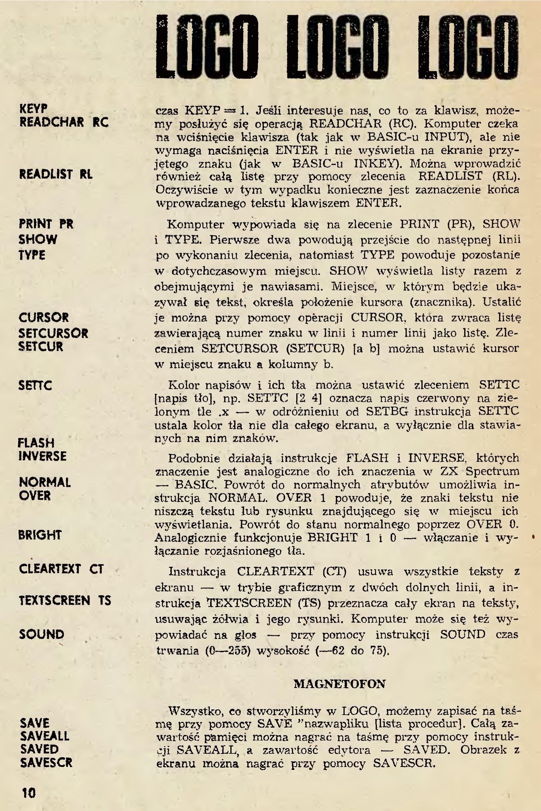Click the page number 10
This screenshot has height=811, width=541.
29,793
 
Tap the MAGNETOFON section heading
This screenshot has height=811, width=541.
340,684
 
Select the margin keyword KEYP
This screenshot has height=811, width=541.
34,109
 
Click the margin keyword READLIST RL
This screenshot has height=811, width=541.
56,174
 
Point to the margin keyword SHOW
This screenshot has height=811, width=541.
38,239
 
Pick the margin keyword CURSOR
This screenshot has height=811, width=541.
44,318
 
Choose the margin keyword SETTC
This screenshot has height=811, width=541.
35,385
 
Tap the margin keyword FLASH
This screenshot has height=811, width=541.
36,443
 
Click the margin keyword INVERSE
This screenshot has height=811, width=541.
43,456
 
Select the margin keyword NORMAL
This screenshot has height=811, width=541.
45,483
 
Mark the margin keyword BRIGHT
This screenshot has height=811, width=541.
40,535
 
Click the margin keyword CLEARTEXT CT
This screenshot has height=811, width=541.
61,569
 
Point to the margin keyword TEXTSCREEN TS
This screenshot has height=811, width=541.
65,600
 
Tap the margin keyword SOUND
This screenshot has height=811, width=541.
42,634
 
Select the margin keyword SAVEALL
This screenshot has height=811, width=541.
45,736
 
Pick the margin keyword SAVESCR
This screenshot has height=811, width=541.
46,762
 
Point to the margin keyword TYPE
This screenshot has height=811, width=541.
32,255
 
